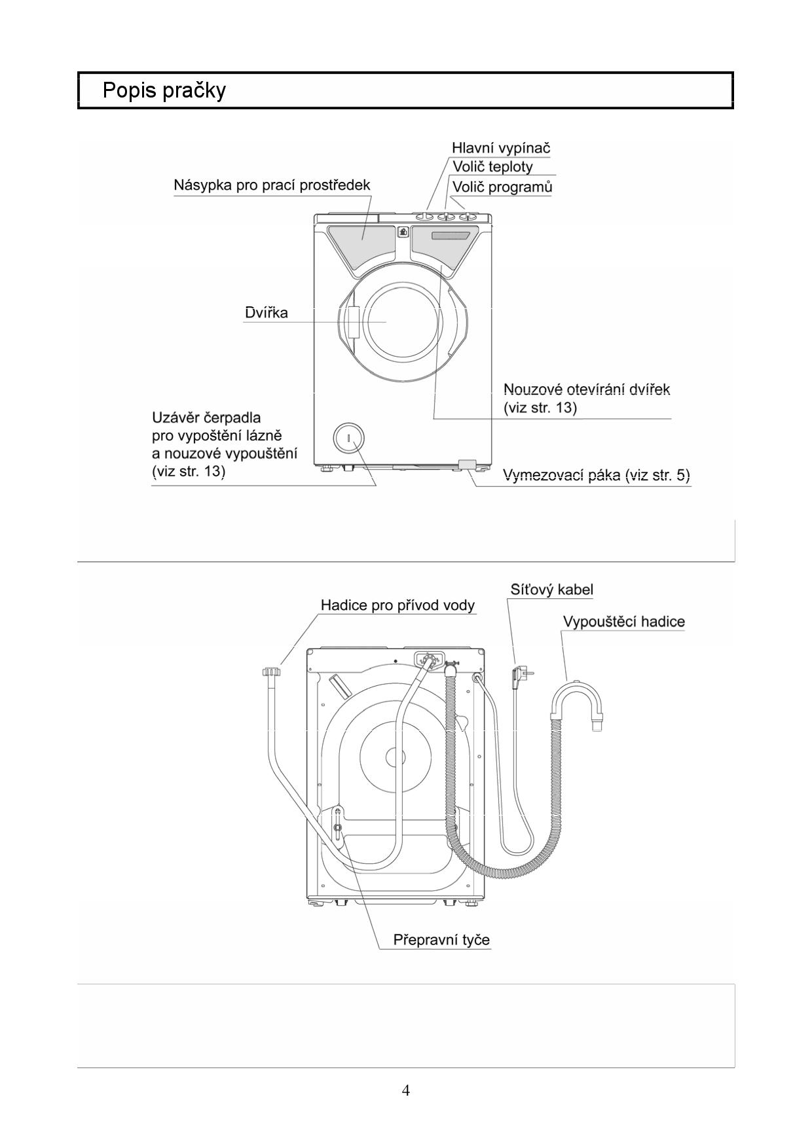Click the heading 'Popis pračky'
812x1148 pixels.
[x=164, y=90]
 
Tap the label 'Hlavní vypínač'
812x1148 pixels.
[x=501, y=148]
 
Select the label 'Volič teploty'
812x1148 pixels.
[x=492, y=167]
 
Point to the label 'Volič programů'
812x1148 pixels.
[x=502, y=187]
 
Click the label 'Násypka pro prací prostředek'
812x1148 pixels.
[x=272, y=185]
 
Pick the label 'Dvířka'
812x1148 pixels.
[x=266, y=312]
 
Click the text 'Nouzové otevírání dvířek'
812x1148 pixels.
[x=587, y=389]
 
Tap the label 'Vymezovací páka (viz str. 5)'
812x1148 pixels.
[x=597, y=475]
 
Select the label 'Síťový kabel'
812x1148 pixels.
[x=552, y=590]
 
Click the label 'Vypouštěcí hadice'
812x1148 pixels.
[x=624, y=622]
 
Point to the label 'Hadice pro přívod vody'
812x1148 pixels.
[x=397, y=605]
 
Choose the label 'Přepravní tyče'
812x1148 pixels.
[x=441, y=940]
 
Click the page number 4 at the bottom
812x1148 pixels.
[x=406, y=1090]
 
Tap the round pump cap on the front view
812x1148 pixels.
[x=348, y=438]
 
